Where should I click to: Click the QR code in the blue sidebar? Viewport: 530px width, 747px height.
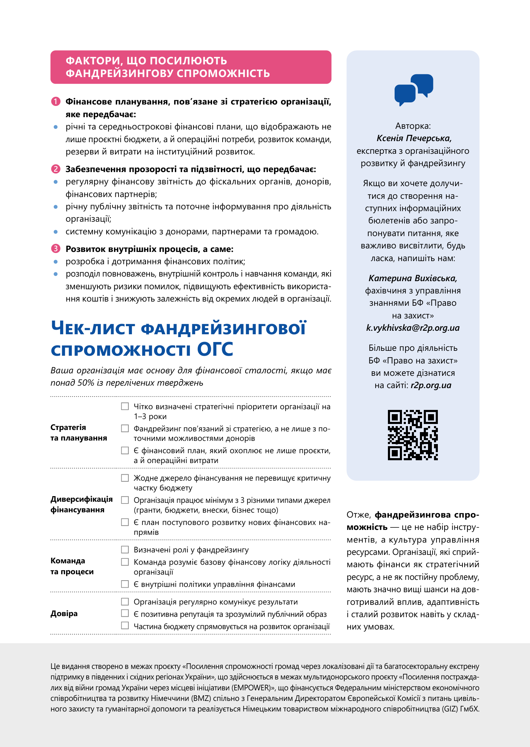(413, 435)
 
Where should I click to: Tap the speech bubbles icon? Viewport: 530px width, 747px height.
(414, 90)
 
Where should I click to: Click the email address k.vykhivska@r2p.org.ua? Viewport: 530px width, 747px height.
(413, 328)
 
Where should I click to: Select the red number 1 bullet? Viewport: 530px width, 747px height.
(56, 102)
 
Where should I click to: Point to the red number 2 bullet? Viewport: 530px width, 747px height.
(56, 169)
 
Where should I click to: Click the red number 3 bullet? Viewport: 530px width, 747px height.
(56, 249)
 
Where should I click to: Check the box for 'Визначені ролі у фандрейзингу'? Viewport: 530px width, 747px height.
(125, 549)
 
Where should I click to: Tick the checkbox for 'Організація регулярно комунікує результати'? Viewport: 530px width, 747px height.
(125, 601)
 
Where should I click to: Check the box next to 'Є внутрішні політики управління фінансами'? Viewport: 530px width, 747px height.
(125, 584)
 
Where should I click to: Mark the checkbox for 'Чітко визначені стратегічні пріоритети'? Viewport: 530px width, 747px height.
(125, 406)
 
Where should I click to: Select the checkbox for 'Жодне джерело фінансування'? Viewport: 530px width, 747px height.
(125, 477)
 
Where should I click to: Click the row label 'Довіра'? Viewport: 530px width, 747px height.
(64, 614)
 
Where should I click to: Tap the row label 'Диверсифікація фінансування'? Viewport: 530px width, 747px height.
(82, 504)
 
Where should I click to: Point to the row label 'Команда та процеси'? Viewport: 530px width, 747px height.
(72, 566)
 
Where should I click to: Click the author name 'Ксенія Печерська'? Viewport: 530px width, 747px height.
(414, 138)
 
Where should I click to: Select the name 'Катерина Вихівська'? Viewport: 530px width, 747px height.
(413, 278)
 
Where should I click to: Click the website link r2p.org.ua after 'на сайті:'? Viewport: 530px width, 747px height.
(431, 385)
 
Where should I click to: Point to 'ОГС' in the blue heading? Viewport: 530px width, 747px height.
(215, 349)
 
